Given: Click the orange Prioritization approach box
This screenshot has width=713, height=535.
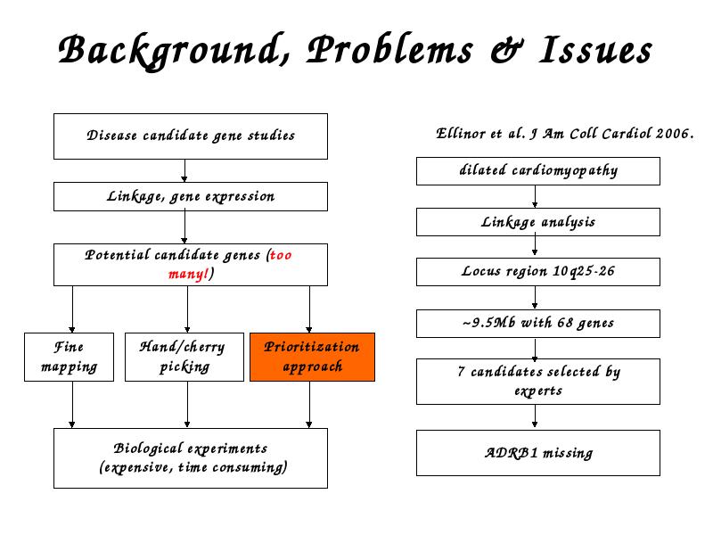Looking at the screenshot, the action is pyautogui.click(x=312, y=357).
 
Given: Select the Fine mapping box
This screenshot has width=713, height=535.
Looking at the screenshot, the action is pyautogui.click(x=70, y=357).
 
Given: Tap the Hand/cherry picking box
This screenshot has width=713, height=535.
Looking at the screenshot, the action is pyautogui.click(x=184, y=357).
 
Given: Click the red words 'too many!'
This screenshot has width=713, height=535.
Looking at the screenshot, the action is pyautogui.click(x=230, y=264).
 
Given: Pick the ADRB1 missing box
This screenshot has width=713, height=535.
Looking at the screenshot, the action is pyautogui.click(x=538, y=453).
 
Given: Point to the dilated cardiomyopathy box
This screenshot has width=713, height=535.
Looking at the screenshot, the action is pyautogui.click(x=538, y=171).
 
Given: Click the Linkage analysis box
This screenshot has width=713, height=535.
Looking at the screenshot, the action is pyautogui.click(x=538, y=222).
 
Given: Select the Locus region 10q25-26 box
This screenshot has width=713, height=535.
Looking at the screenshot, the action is pyautogui.click(x=538, y=272).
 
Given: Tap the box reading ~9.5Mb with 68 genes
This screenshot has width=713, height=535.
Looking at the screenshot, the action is pyautogui.click(x=538, y=324).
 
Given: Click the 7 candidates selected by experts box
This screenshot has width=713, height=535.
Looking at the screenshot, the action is pyautogui.click(x=538, y=382).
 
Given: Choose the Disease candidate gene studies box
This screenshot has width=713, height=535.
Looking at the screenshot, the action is pyautogui.click(x=191, y=136).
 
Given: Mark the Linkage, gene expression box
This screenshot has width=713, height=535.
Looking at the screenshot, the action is pyautogui.click(x=191, y=196).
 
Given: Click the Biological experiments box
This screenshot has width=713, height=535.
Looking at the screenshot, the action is pyautogui.click(x=191, y=458).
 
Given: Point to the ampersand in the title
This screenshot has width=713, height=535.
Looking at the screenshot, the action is pyautogui.click(x=507, y=49).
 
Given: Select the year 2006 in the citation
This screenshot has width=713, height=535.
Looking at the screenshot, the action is pyautogui.click(x=675, y=133).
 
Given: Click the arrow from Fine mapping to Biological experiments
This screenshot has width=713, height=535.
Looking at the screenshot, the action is pyautogui.click(x=72, y=405).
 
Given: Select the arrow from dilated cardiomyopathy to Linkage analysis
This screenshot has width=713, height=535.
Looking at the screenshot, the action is pyautogui.click(x=535, y=196).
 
